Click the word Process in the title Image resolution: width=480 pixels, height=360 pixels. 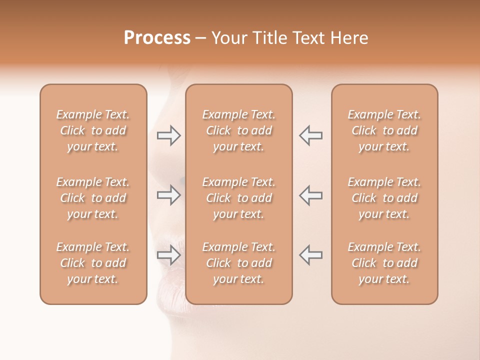click(157, 38)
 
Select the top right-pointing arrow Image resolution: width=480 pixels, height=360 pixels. click(168, 135)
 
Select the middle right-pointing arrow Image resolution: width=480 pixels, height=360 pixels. click(168, 195)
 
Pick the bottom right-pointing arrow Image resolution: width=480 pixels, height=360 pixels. click(168, 255)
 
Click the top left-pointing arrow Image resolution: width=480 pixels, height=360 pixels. click(310, 135)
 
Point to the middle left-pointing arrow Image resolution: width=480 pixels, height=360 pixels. click(310, 195)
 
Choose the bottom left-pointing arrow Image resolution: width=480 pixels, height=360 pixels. click(310, 255)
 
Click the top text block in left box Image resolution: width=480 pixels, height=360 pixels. click(93, 130)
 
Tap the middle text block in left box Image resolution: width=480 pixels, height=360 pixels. click(93, 198)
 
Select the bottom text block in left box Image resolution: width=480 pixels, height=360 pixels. click(93, 263)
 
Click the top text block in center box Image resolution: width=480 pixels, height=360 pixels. click(238, 130)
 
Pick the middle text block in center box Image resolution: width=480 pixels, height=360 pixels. click(238, 198)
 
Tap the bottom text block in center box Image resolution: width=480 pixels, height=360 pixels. click(238, 263)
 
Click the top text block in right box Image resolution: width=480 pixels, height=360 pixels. click(384, 130)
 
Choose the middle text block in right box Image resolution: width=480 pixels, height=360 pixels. click(384, 198)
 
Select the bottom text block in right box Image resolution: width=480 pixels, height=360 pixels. click(384, 263)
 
